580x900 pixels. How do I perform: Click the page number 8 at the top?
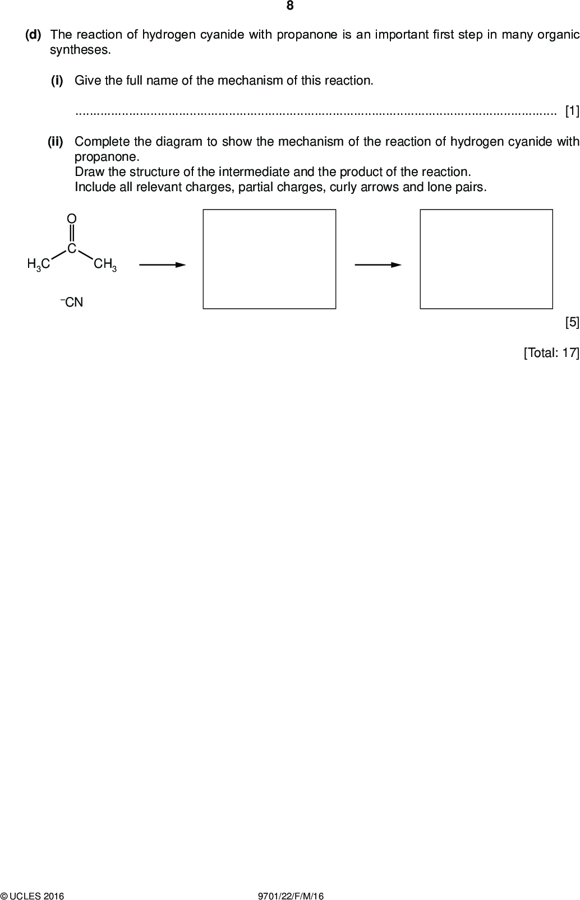click(x=290, y=6)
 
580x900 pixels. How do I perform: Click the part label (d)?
click(x=34, y=35)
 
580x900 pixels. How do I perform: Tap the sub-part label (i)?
click(x=57, y=81)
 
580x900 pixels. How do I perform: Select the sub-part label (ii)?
click(x=56, y=141)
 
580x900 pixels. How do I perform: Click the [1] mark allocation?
click(x=572, y=111)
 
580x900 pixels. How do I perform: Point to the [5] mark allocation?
click(x=572, y=322)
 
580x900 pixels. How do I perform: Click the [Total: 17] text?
click(x=551, y=352)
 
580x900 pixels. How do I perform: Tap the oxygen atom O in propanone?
click(x=72, y=219)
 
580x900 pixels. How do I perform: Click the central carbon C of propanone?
click(x=72, y=249)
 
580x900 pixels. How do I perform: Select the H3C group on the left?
click(x=39, y=265)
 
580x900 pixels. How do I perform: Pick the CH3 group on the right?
click(x=105, y=265)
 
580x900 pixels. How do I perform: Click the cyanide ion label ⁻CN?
click(x=72, y=302)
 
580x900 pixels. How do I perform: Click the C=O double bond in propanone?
click(x=72, y=234)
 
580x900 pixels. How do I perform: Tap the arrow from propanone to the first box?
click(x=163, y=265)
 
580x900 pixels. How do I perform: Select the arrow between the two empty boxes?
click(x=378, y=265)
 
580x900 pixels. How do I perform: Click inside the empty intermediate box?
click(x=269, y=259)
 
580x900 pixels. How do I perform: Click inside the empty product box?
click(x=486, y=259)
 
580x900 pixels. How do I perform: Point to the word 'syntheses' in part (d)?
click(x=80, y=50)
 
